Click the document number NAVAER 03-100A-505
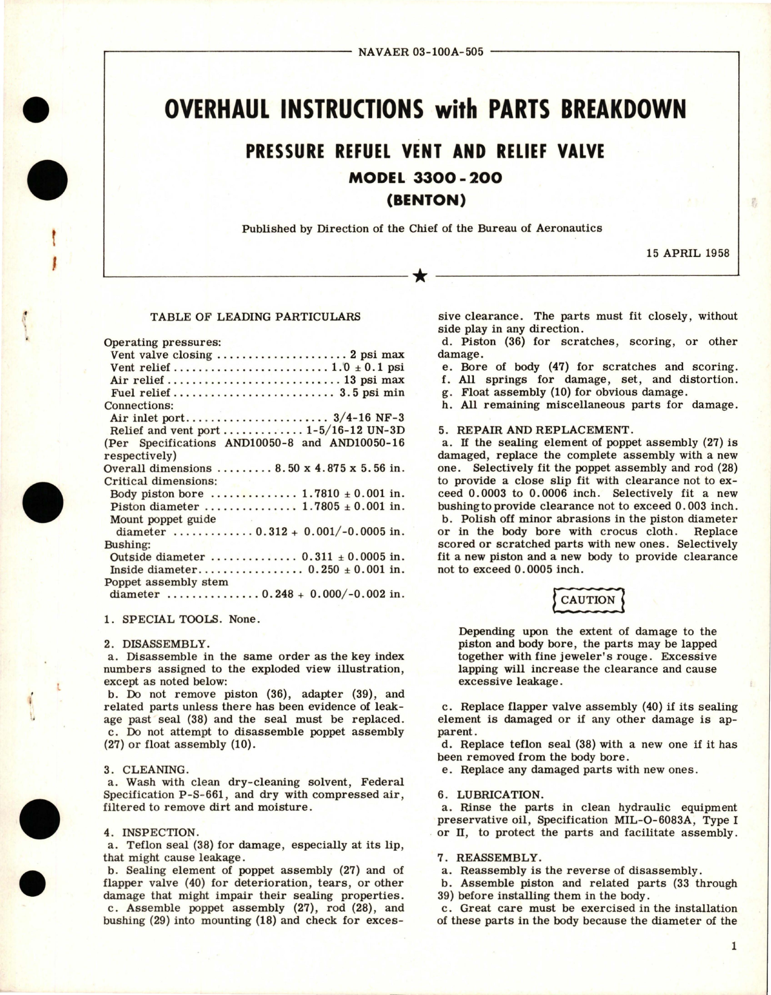(x=421, y=52)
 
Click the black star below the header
(x=420, y=277)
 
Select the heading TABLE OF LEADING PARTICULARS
(x=255, y=316)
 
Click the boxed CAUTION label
(x=587, y=600)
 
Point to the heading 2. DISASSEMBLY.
(x=156, y=644)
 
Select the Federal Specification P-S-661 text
(x=166, y=794)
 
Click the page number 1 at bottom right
(x=733, y=947)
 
